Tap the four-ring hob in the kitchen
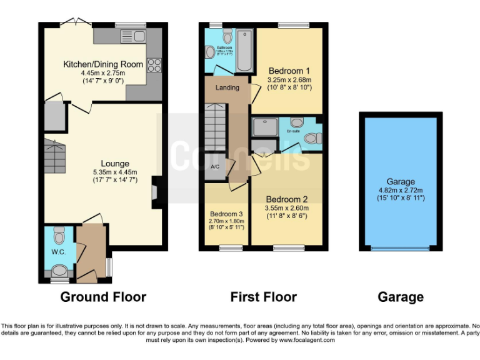pyautogui.click(x=154, y=65)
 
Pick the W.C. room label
pyautogui.click(x=58, y=254)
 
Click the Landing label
pyautogui.click(x=227, y=87)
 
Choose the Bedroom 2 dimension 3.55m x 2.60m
pyautogui.click(x=286, y=208)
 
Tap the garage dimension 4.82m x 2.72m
pyautogui.click(x=401, y=191)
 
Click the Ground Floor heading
pyautogui.click(x=103, y=297)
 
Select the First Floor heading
pyautogui.click(x=263, y=297)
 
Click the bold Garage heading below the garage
pyautogui.click(x=401, y=297)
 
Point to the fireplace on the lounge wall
pyautogui.click(x=156, y=192)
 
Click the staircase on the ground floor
pyautogui.click(x=54, y=156)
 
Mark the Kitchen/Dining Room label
pyautogui.click(x=99, y=64)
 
